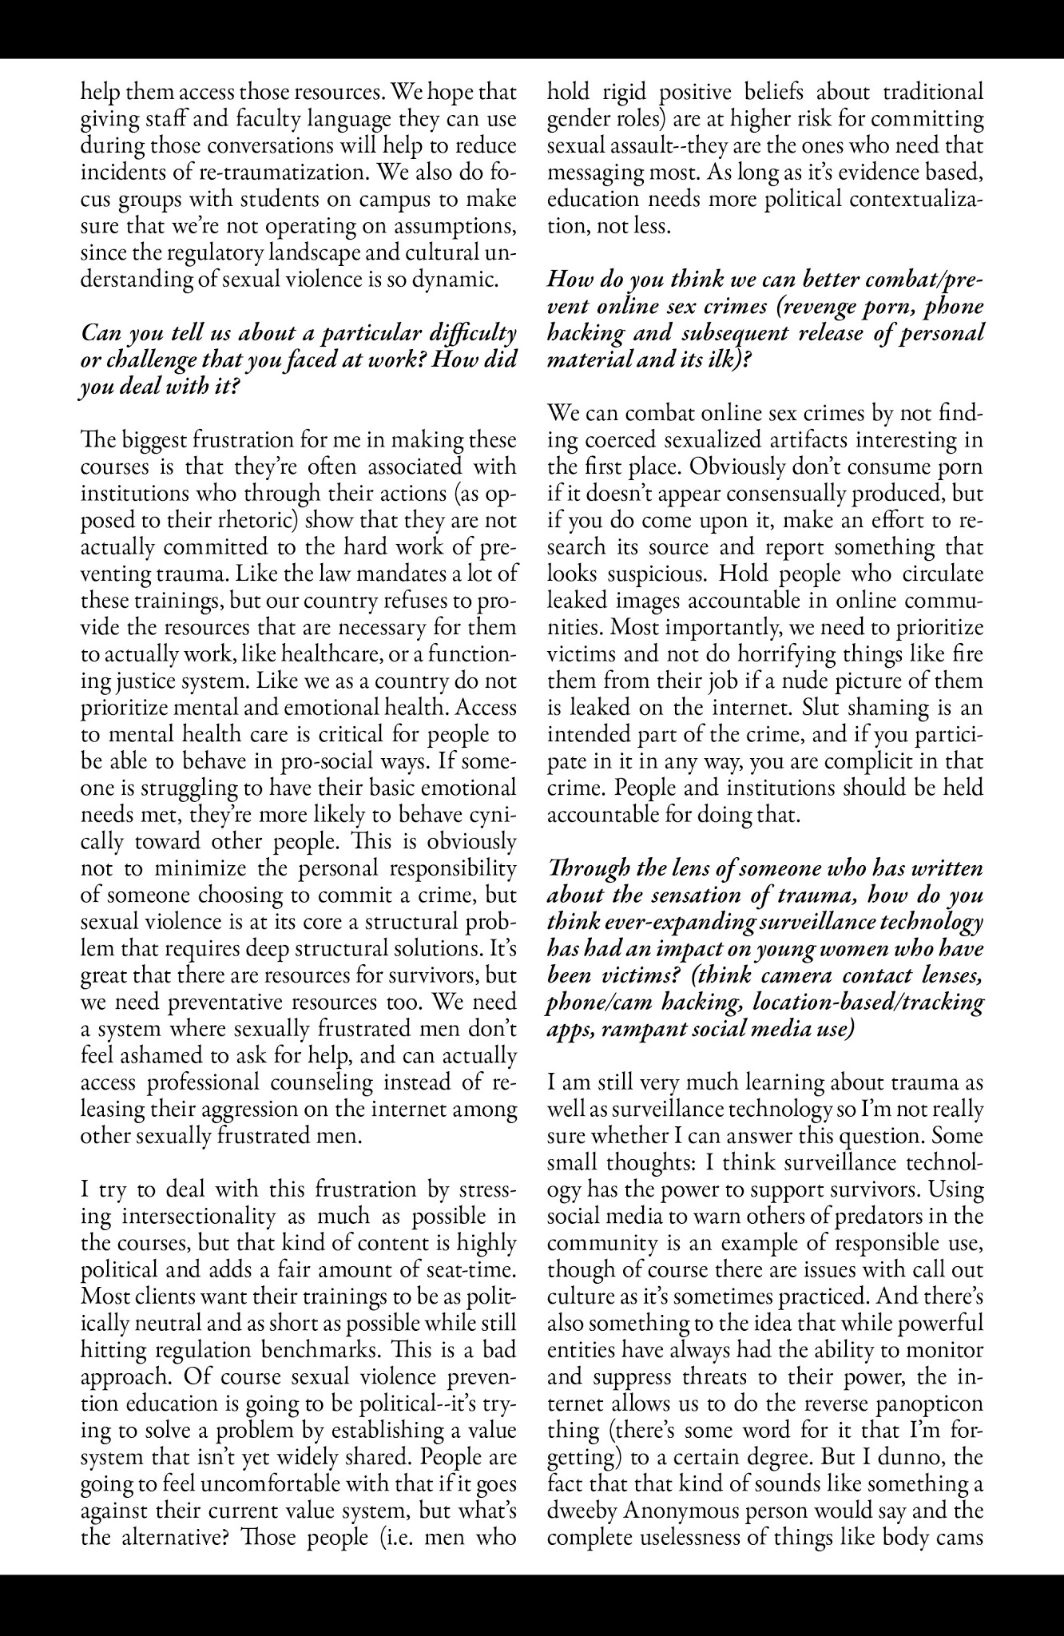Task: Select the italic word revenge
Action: (810, 307)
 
